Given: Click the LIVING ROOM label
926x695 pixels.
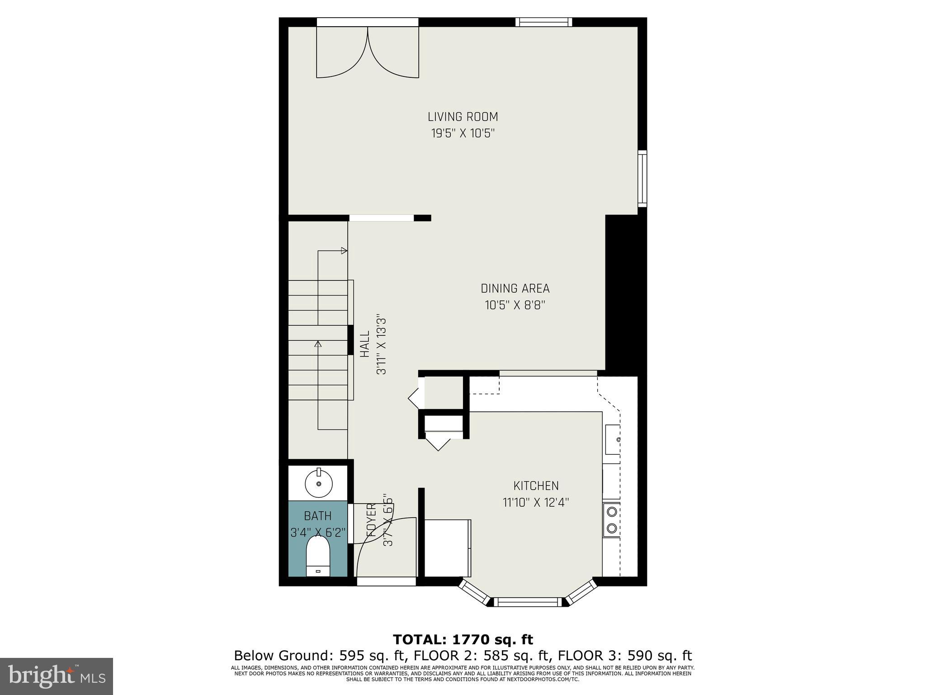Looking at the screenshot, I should (463, 117).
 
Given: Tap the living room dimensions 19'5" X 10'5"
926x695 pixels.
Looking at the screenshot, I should (463, 133).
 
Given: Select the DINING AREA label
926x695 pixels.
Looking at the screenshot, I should (515, 289).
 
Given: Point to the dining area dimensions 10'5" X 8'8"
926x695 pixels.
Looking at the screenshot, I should (515, 305).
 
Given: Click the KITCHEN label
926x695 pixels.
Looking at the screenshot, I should (536, 486).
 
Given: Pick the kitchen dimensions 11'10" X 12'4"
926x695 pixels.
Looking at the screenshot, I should (536, 503).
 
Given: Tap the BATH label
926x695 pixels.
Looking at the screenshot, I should (317, 516).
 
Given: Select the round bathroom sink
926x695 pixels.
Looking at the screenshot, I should (319, 484).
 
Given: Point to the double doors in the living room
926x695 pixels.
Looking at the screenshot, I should (367, 52).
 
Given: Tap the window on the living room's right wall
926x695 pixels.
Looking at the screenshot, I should (642, 178).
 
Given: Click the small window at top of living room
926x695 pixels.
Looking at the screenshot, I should (544, 22).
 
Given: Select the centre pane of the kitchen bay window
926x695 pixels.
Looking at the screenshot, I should (528, 602).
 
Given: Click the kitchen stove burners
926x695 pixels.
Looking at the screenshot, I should (611, 519).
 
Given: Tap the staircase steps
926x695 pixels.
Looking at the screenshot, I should (318, 339).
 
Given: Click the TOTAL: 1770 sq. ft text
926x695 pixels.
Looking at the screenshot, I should (463, 639).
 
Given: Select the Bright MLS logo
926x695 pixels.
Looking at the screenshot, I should (57, 676).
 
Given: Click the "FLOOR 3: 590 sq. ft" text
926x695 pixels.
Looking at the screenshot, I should (625, 656).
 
